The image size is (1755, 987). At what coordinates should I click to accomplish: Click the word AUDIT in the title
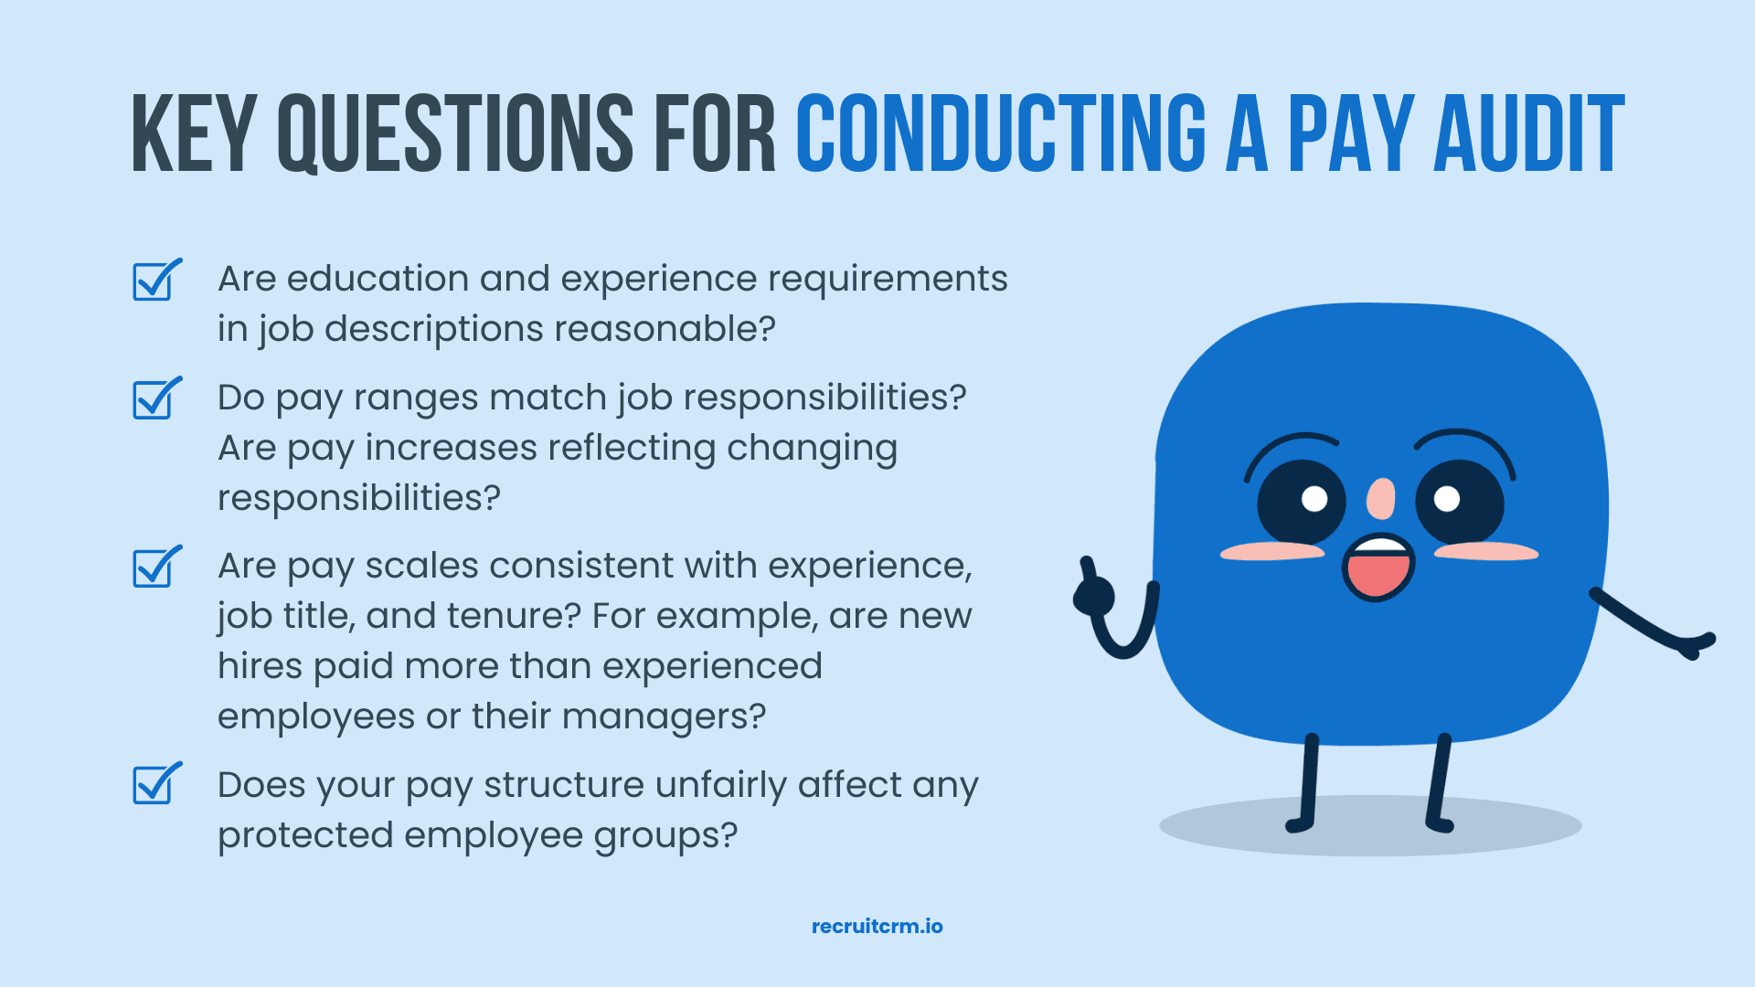[x=1529, y=133]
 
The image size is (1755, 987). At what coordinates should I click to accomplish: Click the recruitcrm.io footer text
[x=877, y=926]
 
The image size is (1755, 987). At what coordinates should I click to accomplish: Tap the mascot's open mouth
[x=1377, y=568]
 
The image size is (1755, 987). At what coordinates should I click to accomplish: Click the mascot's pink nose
[x=1380, y=499]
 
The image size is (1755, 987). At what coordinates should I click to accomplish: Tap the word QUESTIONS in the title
[x=455, y=133]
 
